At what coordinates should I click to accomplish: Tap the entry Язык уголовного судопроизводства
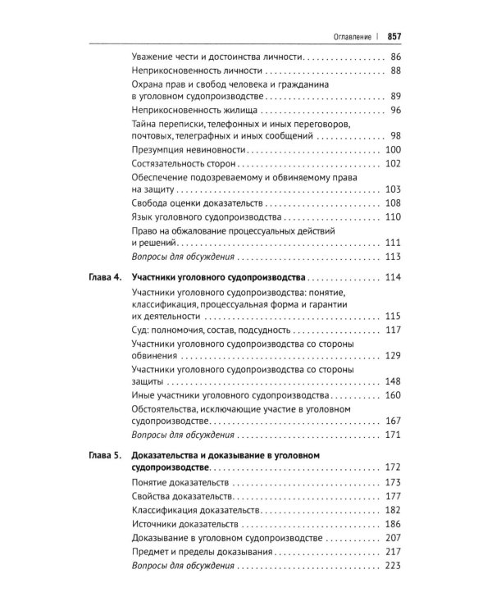206,217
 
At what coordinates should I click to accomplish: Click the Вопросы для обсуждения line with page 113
183,257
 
